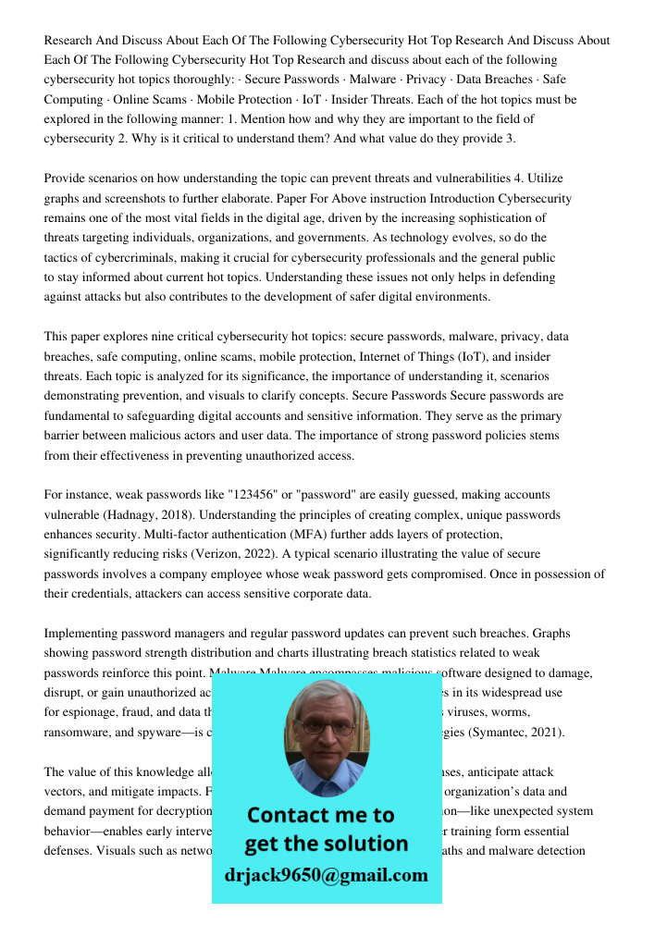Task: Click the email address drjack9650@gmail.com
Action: tap(326, 875)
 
